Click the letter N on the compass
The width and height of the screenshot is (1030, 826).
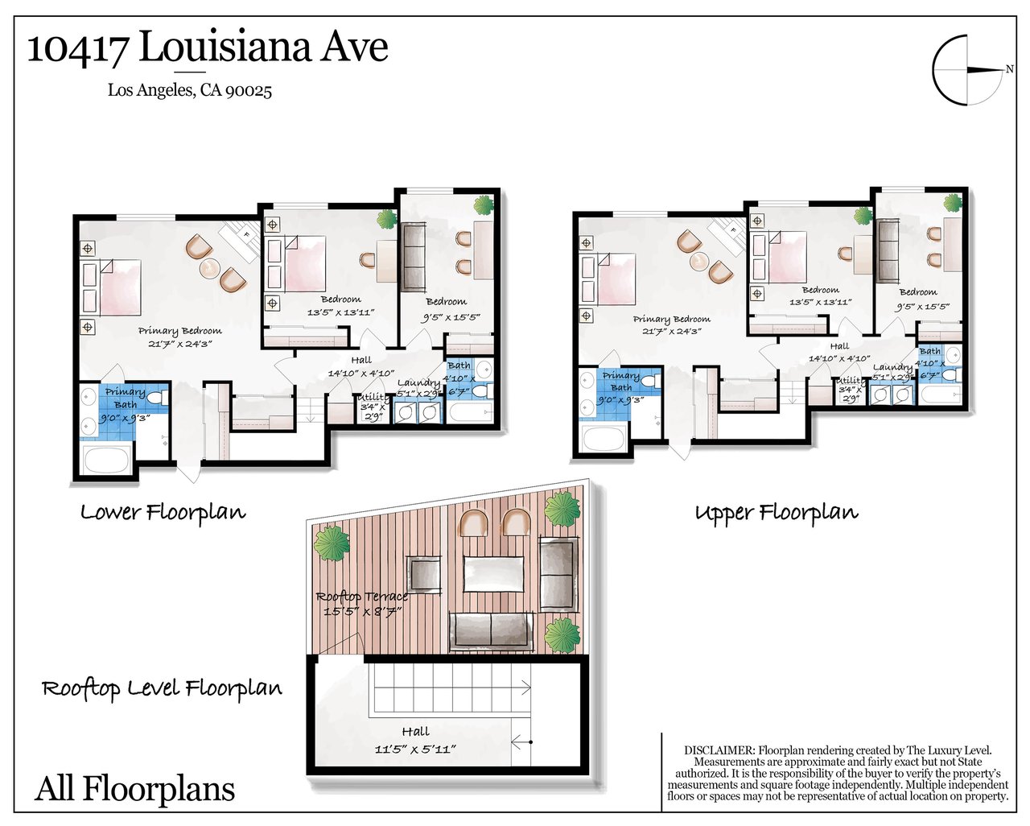pos(1009,69)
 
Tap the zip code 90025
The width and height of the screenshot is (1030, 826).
pos(248,90)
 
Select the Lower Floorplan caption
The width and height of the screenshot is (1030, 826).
pos(163,513)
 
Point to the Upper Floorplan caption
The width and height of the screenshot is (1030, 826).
pos(777,513)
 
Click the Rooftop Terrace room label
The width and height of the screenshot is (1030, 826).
pos(362,597)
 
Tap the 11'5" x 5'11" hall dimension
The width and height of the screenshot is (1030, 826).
pos(415,749)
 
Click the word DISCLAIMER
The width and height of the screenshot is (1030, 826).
pos(719,750)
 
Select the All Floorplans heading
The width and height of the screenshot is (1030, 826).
pos(135,789)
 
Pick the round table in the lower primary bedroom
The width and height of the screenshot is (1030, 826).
pos(211,268)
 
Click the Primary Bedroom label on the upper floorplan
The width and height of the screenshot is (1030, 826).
pos(671,320)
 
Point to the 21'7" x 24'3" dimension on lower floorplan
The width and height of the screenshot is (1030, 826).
pos(180,343)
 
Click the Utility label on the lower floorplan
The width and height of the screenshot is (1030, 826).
pos(373,397)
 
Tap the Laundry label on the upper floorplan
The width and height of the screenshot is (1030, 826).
pos(892,367)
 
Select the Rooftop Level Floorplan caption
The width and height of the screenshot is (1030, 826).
pos(163,688)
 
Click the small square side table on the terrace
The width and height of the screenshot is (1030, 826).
pos(423,574)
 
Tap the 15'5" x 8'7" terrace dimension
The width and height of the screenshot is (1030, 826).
pos(362,612)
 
